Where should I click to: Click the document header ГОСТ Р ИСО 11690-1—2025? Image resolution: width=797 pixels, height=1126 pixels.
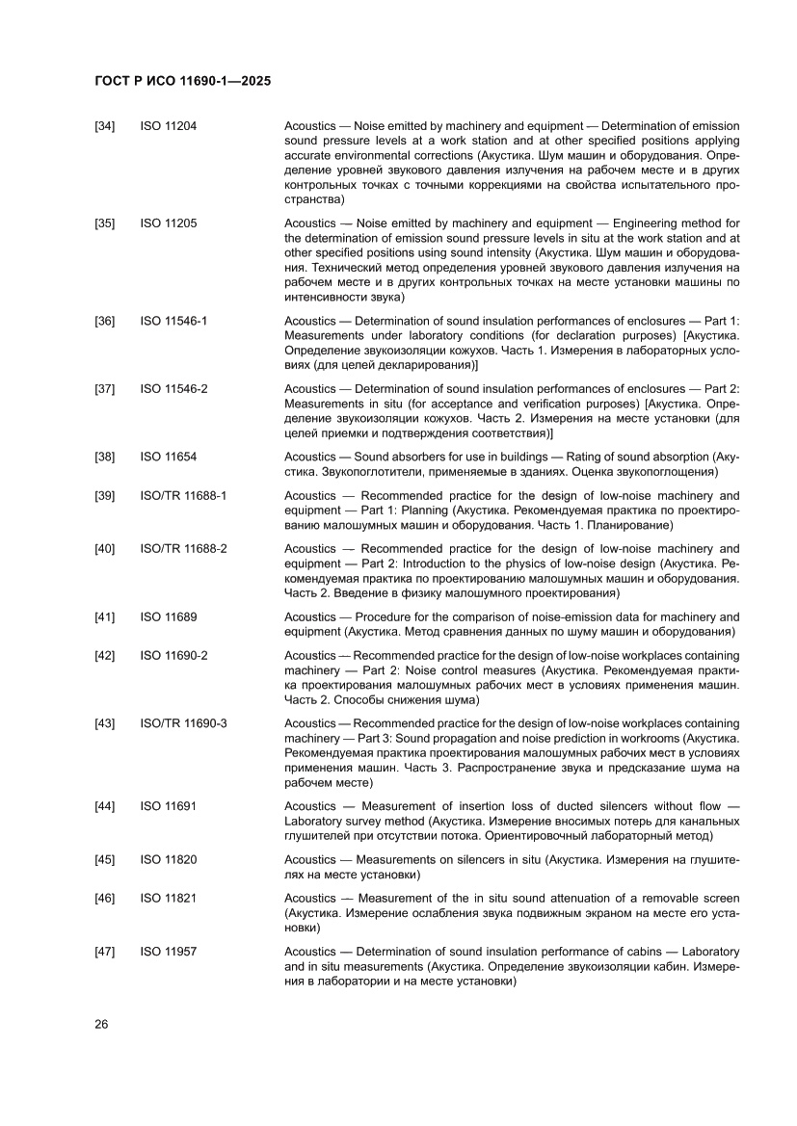point(182,82)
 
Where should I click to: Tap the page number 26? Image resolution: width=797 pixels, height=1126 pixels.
point(101,1024)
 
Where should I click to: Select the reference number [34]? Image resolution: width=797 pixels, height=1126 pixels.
point(104,126)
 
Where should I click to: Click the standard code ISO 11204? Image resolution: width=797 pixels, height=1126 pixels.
point(169,126)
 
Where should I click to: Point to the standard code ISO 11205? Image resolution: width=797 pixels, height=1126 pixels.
point(169,223)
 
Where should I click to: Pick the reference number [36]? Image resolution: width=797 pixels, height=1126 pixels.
point(104,321)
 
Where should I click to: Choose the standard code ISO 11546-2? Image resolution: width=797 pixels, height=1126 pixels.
point(174,388)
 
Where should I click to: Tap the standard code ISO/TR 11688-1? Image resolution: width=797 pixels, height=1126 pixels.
point(183,495)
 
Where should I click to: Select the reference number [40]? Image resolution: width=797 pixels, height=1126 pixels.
point(104,549)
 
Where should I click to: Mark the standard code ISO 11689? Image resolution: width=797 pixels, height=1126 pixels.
point(169,616)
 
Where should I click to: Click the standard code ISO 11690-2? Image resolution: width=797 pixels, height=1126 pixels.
point(174,655)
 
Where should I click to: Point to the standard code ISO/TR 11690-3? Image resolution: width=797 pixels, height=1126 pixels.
point(183,722)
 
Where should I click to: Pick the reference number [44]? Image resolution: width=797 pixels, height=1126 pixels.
point(104,805)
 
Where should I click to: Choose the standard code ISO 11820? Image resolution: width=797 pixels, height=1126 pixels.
point(169,859)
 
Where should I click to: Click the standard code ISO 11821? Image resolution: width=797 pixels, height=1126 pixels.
point(169,898)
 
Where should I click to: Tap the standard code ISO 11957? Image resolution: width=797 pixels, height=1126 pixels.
point(169,952)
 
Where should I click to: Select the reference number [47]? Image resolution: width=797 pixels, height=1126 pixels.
point(104,952)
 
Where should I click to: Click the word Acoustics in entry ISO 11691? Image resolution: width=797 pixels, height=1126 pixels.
point(310,805)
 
